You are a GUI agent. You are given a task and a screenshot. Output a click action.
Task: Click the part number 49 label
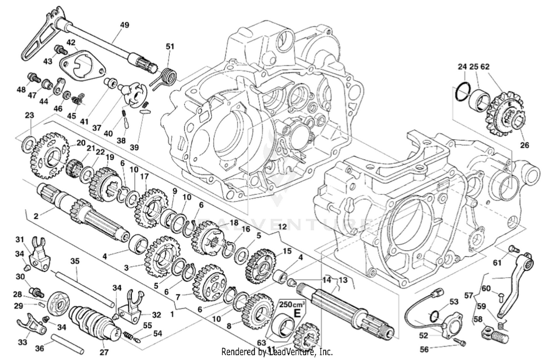125,25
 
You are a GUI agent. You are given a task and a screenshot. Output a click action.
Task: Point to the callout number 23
29,115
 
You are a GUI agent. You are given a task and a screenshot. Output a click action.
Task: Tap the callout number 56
424,349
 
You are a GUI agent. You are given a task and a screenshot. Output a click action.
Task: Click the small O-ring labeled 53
435,316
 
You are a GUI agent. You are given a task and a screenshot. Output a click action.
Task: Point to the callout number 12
282,225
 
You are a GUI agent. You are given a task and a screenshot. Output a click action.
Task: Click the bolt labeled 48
34,77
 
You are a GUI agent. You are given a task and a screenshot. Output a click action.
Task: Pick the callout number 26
525,145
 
